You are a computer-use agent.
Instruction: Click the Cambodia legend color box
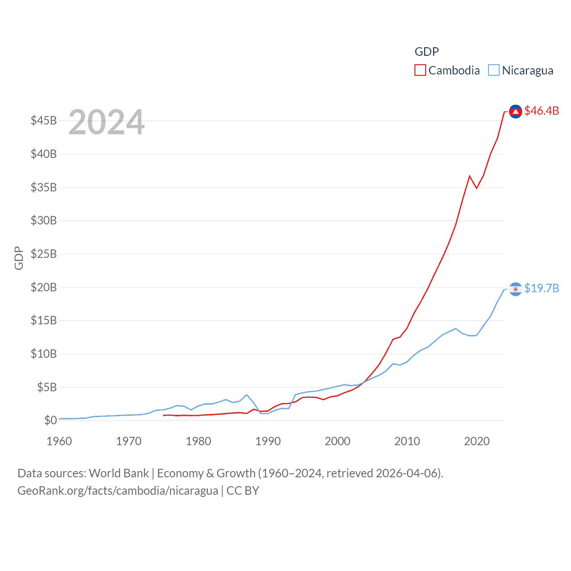[420, 70]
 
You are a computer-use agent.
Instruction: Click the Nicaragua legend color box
[494, 70]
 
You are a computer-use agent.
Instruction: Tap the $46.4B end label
[542, 111]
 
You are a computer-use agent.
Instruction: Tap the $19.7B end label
[542, 288]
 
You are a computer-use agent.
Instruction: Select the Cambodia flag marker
[516, 112]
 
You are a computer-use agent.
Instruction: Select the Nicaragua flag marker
[516, 289]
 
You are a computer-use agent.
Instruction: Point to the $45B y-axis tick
[44, 120]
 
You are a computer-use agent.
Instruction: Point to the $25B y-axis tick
[44, 254]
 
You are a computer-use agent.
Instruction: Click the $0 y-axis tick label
[50, 420]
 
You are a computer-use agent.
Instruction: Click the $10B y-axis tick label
[44, 354]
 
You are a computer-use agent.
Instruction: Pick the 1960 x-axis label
[59, 441]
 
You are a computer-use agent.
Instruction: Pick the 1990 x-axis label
[268, 441]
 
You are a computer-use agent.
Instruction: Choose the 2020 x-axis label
[477, 441]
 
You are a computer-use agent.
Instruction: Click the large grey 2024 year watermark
[107, 122]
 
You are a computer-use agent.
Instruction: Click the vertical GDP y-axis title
[19, 258]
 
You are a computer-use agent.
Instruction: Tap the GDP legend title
[427, 52]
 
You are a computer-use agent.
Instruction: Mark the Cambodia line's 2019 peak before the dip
[470, 176]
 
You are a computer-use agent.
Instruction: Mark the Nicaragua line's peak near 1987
[247, 395]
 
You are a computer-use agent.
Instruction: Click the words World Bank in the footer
[119, 473]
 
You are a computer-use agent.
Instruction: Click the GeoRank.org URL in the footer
[118, 491]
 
